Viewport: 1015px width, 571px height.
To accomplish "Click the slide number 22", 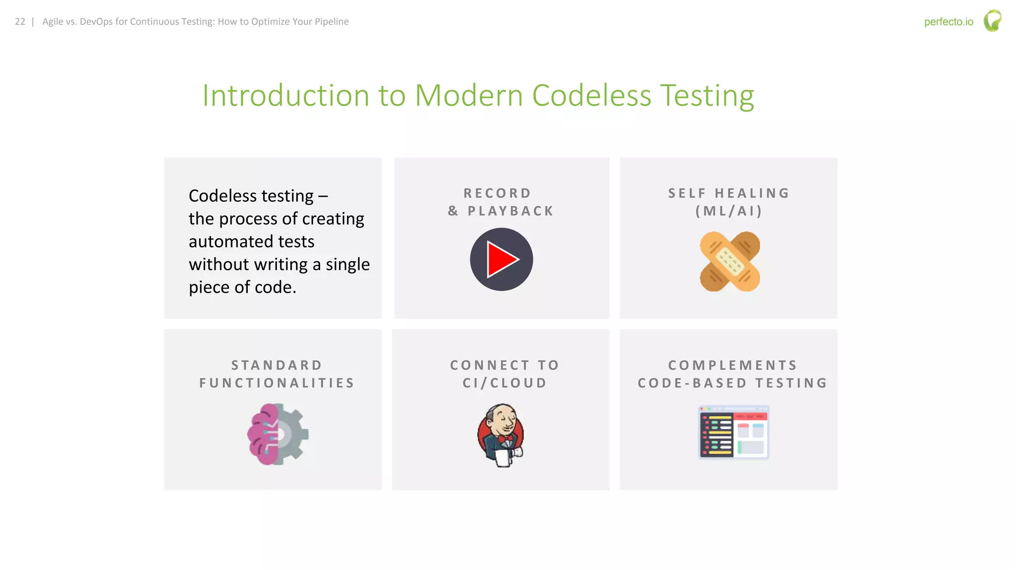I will point(20,22).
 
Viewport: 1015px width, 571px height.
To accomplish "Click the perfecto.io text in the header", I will point(948,22).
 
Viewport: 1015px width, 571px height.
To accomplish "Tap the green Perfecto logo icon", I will point(992,21).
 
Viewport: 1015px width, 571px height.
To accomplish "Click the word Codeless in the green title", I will point(591,95).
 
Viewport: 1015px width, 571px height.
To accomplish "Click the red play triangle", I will point(502,259).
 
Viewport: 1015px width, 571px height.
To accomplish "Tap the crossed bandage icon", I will point(730,261).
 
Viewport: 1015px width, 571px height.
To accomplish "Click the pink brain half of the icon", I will point(262,434).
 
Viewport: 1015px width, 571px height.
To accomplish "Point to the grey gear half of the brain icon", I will point(294,434).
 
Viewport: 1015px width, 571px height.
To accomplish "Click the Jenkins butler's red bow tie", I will point(506,439).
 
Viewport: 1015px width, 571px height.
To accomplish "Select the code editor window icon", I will point(733,433).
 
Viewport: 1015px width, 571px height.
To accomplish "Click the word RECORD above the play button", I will point(497,193).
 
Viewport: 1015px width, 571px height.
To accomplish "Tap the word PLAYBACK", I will point(510,211).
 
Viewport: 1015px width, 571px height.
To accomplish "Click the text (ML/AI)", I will point(729,211).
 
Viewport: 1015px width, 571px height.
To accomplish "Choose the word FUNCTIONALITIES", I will point(277,383).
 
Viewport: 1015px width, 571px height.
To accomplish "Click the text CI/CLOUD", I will point(505,383).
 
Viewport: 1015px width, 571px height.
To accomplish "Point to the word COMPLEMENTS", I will point(733,365).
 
